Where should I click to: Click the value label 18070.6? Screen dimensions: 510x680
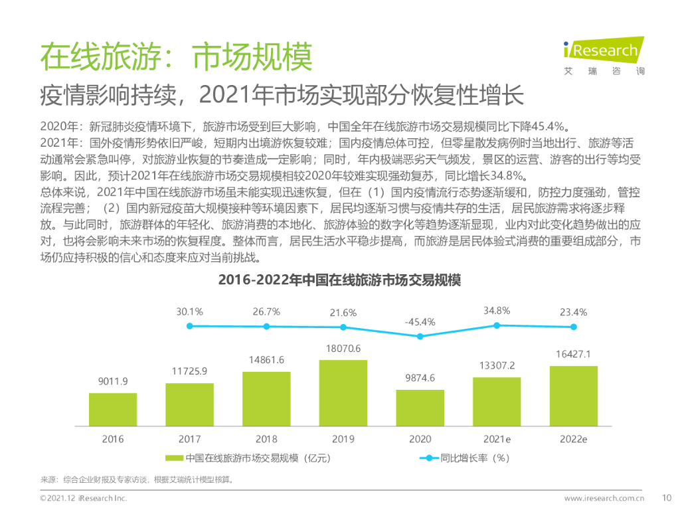pos(343,349)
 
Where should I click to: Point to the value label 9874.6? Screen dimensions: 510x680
pos(420,378)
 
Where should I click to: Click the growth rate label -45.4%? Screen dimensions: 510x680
pos(420,322)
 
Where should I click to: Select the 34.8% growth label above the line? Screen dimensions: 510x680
pos(497,310)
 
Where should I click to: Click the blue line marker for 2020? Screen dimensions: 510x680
pos(420,336)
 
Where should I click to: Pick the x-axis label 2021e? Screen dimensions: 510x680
pos(497,439)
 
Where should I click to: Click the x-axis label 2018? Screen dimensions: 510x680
pos(266,439)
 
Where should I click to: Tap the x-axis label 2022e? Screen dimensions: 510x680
pos(573,439)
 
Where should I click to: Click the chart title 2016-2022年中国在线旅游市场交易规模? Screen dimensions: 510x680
pos(339,281)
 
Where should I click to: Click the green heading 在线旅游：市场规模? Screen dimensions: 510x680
pos(175,58)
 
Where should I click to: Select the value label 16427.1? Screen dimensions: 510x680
pos(573,355)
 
